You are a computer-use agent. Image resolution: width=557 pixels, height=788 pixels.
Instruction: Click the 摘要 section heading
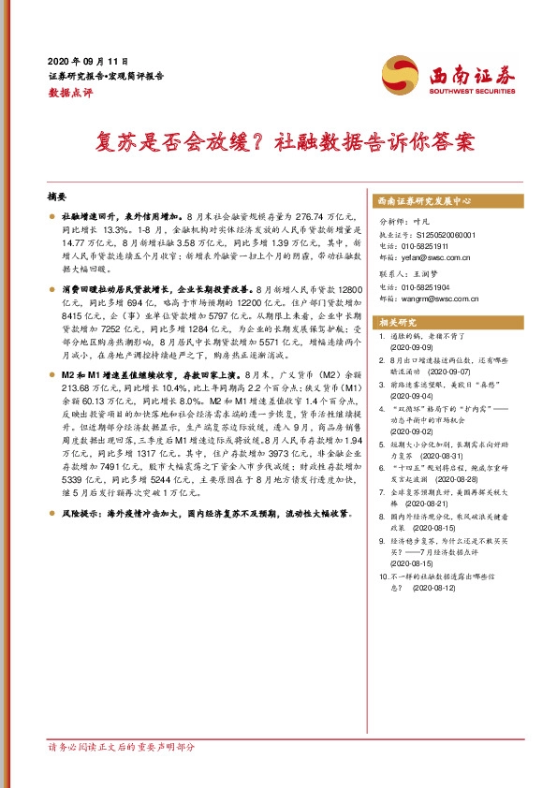click(x=57, y=197)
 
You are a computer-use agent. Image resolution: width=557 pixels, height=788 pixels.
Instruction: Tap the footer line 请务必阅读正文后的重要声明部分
click(x=122, y=749)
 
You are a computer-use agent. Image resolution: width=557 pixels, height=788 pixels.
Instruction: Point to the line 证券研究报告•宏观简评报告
click(x=105, y=76)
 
